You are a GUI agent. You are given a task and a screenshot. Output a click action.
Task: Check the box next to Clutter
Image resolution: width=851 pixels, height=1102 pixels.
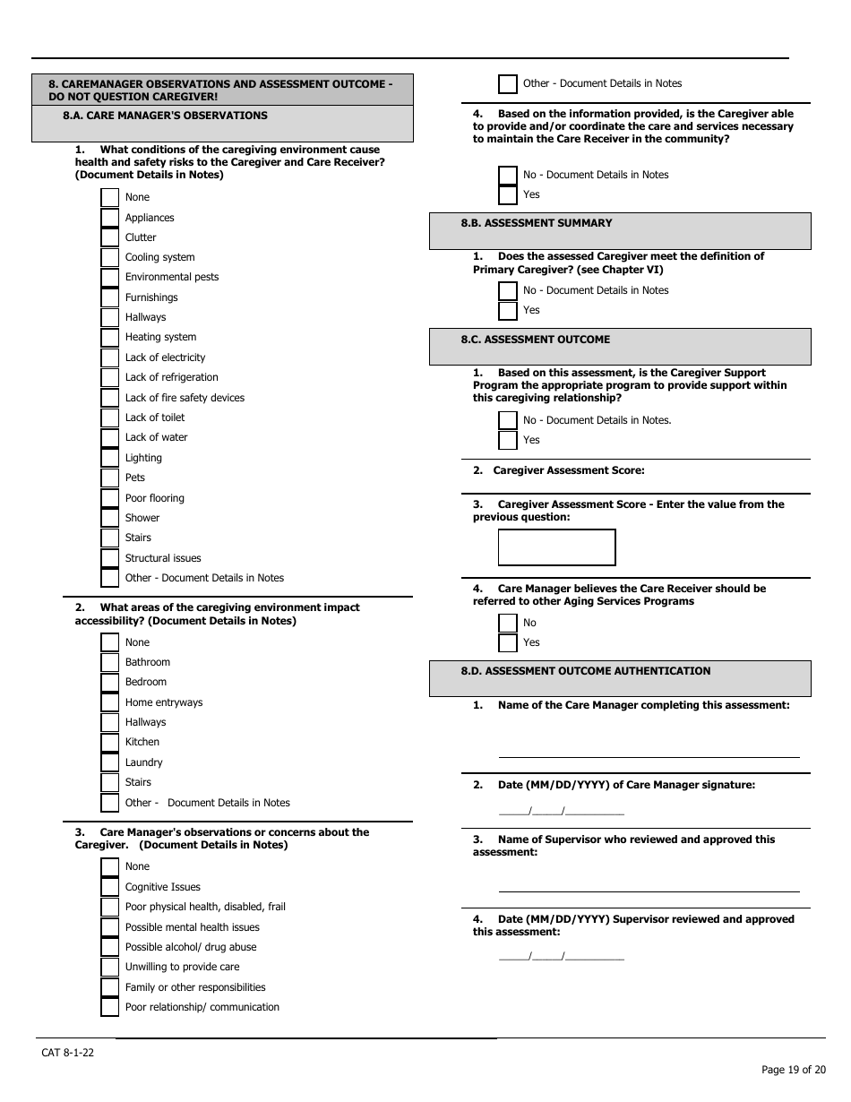coord(109,237)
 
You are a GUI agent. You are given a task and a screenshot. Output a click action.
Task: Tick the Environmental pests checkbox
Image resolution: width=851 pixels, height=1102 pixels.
coord(109,278)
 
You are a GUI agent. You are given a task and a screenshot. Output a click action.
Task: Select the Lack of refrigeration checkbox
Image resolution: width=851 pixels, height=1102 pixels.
coord(109,378)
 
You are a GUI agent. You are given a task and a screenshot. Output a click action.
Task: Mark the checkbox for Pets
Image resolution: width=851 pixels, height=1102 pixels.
coord(109,478)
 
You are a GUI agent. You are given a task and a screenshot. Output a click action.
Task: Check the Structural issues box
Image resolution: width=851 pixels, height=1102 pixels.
coord(109,558)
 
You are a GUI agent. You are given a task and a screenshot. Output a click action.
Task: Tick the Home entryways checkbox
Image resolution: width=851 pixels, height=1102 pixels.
coord(109,702)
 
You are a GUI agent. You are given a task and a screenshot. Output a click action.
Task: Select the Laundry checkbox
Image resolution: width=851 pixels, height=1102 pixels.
coord(109,762)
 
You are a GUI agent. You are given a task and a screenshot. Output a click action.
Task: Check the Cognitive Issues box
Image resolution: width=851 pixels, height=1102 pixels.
coord(109,887)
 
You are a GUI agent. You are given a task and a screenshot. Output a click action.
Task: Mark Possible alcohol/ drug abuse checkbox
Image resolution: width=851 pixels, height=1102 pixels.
coord(109,947)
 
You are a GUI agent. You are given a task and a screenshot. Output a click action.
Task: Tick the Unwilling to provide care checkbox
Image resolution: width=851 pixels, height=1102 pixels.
coord(109,968)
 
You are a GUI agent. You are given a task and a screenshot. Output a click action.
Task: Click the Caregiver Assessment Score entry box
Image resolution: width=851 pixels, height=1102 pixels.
coord(556,547)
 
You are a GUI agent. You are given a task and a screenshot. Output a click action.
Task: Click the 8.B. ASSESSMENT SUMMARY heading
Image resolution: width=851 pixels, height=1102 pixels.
coord(537,223)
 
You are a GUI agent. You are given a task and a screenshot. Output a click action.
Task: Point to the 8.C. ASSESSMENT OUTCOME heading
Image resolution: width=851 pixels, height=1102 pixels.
coord(535,340)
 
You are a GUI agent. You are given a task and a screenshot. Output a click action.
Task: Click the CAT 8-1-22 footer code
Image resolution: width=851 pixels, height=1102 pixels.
coord(67,1053)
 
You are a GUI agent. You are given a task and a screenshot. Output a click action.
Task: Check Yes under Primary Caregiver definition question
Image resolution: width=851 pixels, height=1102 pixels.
coord(508,311)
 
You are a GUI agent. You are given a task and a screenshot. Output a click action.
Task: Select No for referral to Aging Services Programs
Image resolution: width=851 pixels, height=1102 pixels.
coord(508,623)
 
